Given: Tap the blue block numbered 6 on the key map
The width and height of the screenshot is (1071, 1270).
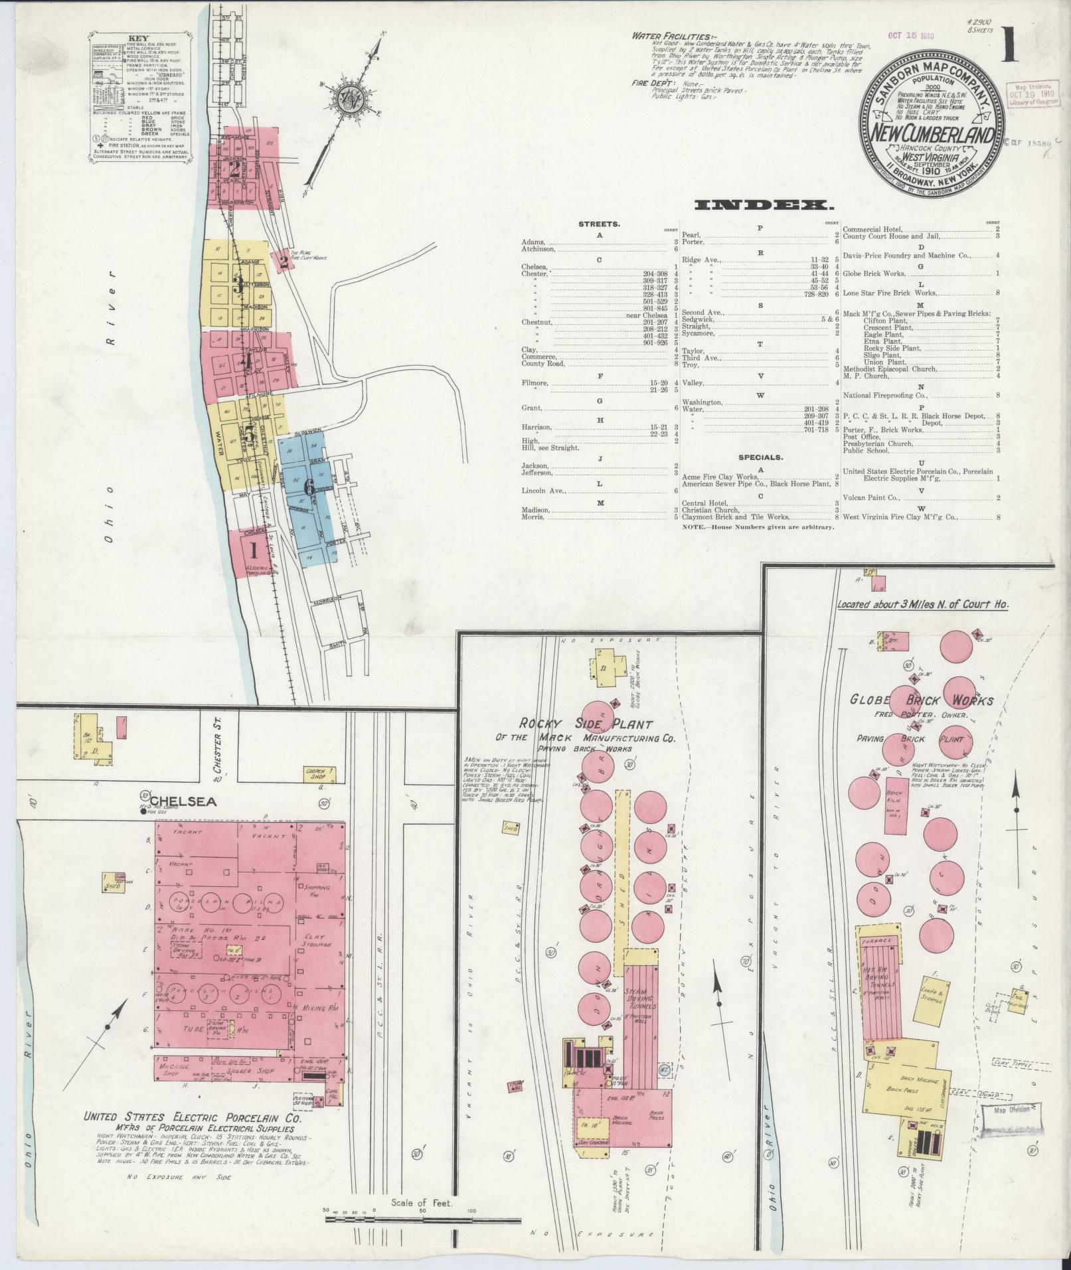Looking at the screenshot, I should coord(309,487).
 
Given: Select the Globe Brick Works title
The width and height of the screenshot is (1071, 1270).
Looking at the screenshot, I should coord(921,700).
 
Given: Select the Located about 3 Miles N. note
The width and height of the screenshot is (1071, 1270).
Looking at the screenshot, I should coord(922,605).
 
